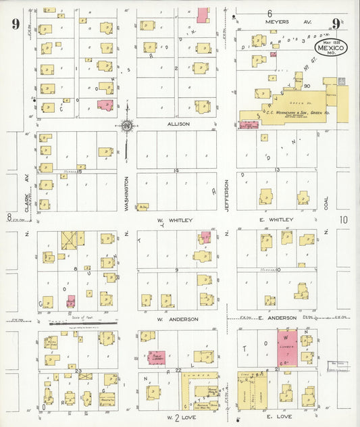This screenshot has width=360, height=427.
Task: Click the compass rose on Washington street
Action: (126, 125)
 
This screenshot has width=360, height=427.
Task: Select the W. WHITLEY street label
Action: (175, 220)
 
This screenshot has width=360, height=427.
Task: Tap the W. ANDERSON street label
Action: (177, 318)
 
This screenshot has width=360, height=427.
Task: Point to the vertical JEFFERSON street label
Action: (228, 194)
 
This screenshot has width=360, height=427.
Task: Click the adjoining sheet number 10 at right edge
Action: (344, 220)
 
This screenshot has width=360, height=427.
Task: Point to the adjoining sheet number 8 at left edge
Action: (9, 217)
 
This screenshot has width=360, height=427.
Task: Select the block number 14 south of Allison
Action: (176, 170)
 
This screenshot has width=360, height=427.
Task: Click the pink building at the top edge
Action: (202, 14)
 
